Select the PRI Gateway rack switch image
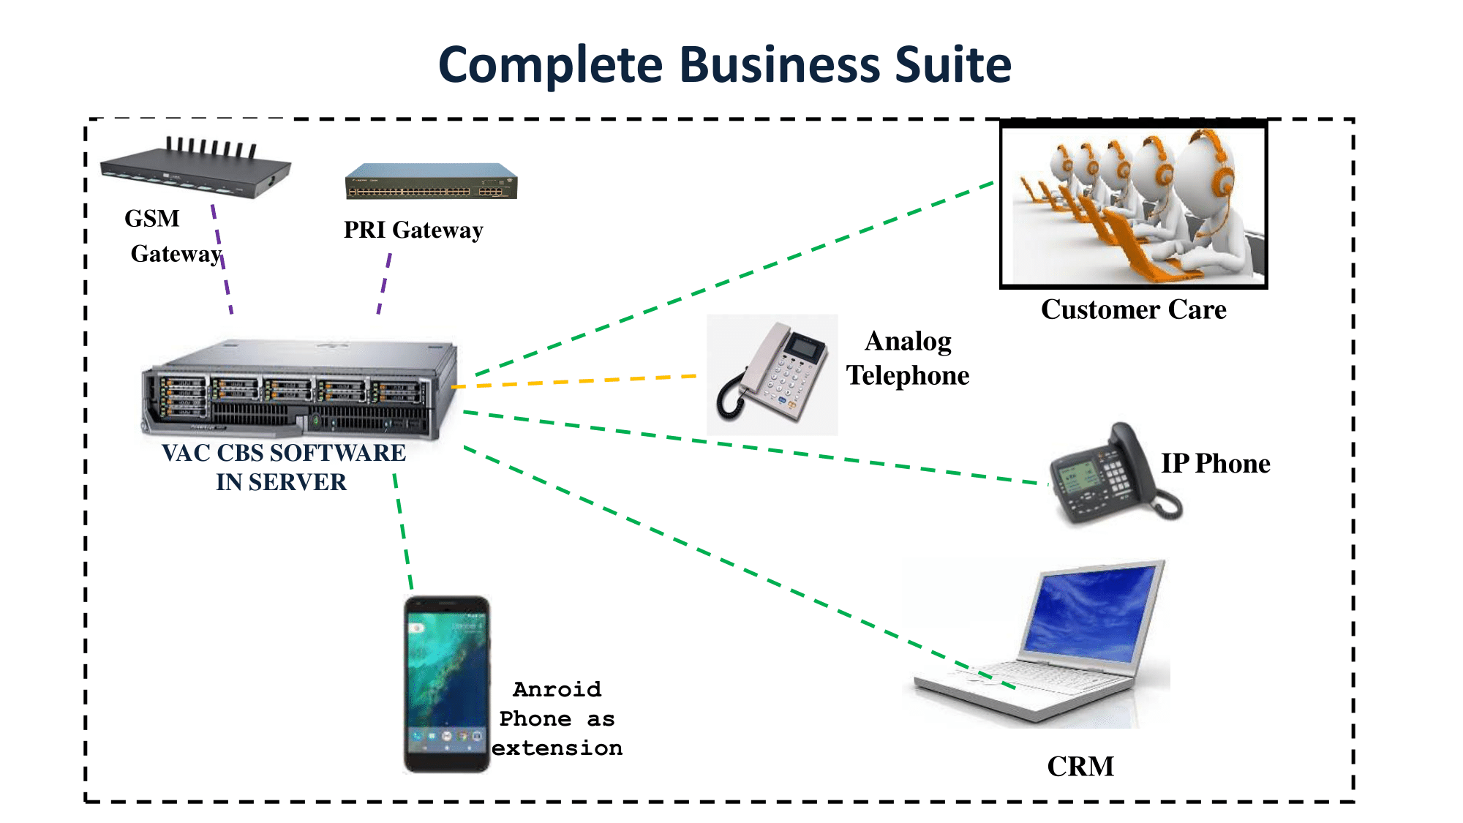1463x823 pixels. point(431,181)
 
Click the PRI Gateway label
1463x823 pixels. point(413,230)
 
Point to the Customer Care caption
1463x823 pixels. point(1133,309)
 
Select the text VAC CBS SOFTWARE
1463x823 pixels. point(284,453)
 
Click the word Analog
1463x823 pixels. point(908,342)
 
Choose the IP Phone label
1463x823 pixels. point(1215,464)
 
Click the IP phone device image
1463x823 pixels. point(1111,476)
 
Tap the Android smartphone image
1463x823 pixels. point(446,684)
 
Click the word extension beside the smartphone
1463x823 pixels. point(557,748)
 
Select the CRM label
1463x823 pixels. point(1080,767)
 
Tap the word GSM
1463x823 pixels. point(152,219)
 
